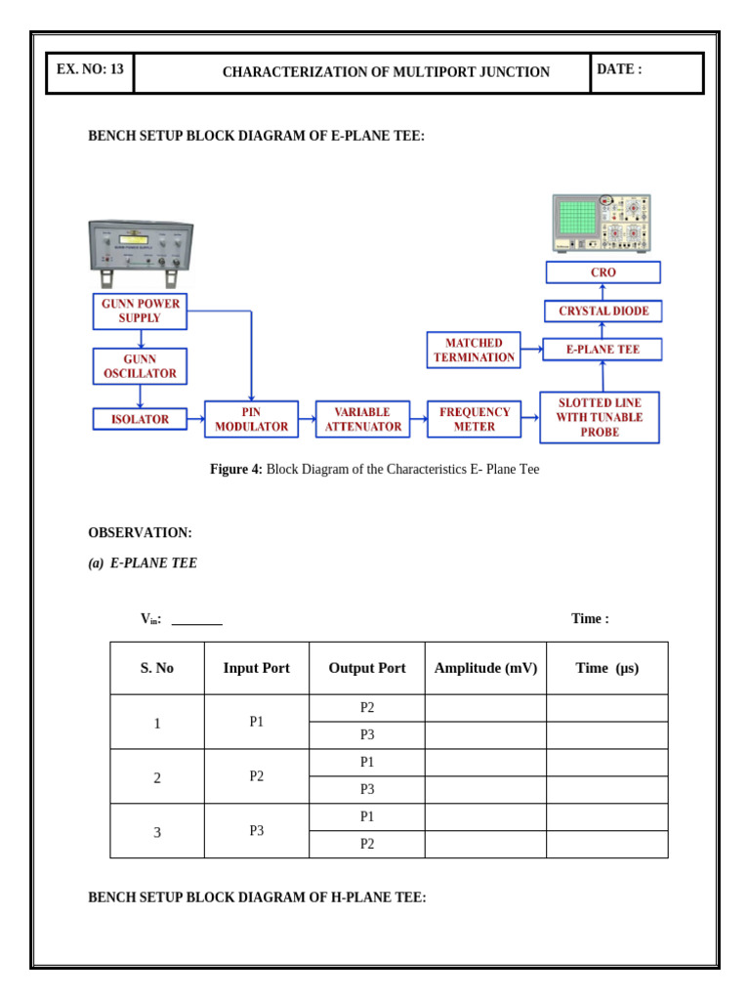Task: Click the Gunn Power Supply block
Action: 140,312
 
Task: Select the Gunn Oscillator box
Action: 140,366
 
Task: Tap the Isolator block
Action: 140,419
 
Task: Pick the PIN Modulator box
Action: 251,419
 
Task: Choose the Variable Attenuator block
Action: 362,419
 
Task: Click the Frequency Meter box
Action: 474,419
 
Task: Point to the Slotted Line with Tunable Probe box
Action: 600,417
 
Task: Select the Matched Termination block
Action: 474,350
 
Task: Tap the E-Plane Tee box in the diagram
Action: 602,350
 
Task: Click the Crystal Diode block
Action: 603,312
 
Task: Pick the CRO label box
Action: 603,272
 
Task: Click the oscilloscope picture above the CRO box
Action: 602,224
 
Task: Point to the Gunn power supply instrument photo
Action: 141,247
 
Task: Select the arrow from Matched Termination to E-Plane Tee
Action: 531,349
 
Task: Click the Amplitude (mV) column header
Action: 485,668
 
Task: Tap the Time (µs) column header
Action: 606,668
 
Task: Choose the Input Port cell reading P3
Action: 256,831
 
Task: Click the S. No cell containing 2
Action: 157,777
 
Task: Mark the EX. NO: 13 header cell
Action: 90,70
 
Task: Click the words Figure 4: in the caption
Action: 235,470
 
